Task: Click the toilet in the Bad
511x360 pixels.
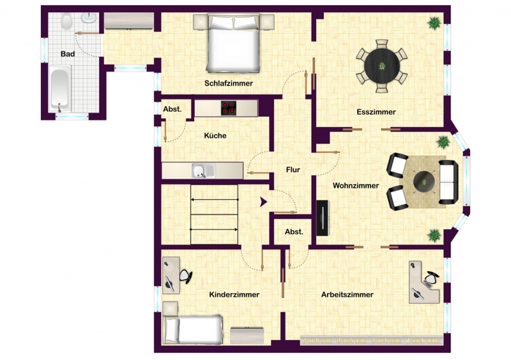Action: point(67,22)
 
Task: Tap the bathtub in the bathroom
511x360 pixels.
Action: point(59,87)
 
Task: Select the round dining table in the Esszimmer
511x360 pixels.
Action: point(381,66)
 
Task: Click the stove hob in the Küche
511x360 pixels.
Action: point(229,108)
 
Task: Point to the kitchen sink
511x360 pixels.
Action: point(204,170)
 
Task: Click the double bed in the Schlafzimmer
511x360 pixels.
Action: point(233,43)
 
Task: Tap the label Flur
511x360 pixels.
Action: point(293,170)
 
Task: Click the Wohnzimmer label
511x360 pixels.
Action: point(356,186)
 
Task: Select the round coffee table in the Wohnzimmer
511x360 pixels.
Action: point(423,182)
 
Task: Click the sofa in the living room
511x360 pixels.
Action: point(448,182)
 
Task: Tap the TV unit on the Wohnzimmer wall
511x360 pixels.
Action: point(323,218)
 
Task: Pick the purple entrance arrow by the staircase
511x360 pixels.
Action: point(263,202)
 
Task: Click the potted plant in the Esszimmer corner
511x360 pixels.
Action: point(434,23)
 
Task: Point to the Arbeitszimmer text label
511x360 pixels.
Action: point(347,295)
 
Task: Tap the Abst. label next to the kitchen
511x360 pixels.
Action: point(172,109)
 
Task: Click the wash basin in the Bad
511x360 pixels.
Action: point(88,18)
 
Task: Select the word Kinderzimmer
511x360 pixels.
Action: point(234,295)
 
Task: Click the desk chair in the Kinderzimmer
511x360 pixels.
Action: point(185,276)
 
